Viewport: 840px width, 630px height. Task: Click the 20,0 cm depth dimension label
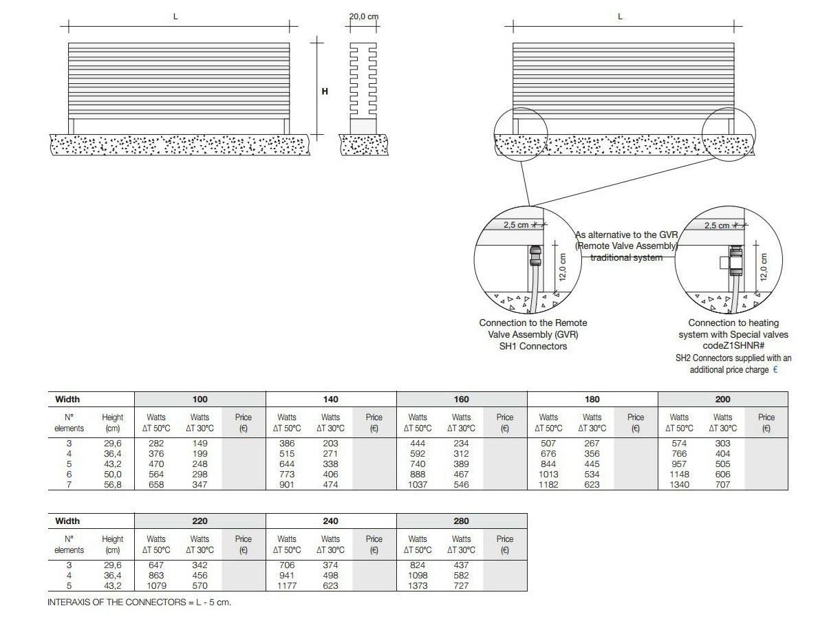click(363, 17)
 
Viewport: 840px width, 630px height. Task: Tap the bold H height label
click(325, 91)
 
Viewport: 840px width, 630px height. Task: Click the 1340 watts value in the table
click(679, 484)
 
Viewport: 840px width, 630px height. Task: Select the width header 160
click(461, 399)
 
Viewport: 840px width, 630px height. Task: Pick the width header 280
click(461, 521)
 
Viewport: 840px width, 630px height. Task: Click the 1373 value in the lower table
click(418, 585)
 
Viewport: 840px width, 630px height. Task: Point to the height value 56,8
click(112, 484)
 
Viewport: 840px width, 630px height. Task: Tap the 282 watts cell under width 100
click(156, 444)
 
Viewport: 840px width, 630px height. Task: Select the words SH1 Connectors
click(533, 346)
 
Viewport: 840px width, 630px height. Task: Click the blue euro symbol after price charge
click(776, 369)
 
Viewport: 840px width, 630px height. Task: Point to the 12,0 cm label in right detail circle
click(763, 264)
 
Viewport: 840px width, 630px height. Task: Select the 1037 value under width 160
click(418, 484)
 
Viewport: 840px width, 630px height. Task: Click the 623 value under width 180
click(592, 484)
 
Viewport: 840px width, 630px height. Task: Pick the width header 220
click(200, 521)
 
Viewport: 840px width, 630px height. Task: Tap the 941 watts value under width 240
click(287, 575)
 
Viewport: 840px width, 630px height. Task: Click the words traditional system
click(626, 257)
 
